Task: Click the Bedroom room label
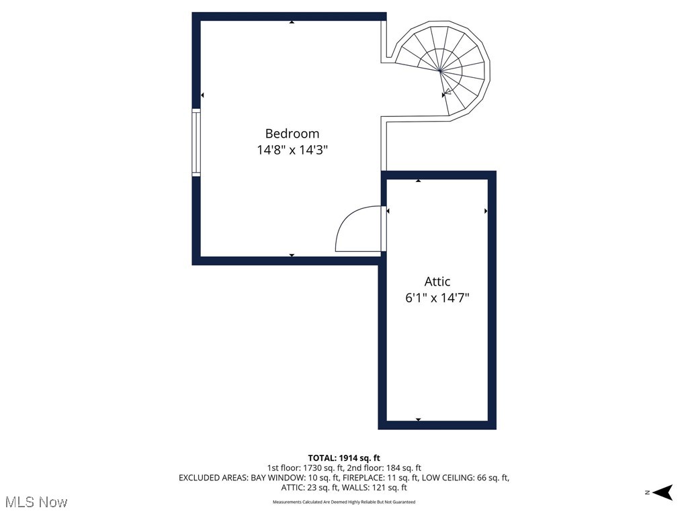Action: coord(292,134)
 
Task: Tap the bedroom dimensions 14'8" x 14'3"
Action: coord(292,150)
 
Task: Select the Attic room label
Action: coord(437,282)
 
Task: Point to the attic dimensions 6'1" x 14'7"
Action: coord(437,298)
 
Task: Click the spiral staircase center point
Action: coord(440,70)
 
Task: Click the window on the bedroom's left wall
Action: coord(196,142)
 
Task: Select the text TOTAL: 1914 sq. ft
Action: coord(344,458)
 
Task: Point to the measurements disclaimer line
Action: coord(344,502)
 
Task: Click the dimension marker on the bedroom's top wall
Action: coord(292,22)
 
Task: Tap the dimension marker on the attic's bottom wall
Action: coord(418,419)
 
